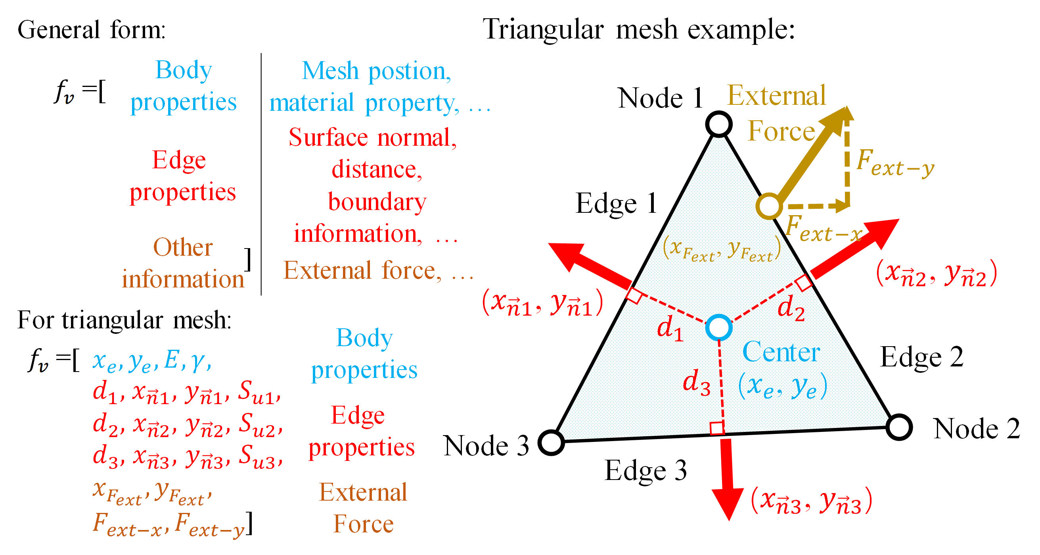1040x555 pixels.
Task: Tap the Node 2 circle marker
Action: [x=899, y=427]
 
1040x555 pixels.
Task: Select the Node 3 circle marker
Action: [x=551, y=443]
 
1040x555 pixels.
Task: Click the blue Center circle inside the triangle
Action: [x=718, y=328]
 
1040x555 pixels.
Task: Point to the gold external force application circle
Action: [x=769, y=206]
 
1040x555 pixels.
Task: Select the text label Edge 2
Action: [x=921, y=357]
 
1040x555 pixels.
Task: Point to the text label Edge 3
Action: [x=645, y=470]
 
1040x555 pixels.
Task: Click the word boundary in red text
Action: [x=377, y=201]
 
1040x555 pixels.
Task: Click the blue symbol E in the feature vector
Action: [x=171, y=359]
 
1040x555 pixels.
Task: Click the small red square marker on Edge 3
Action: [x=717, y=428]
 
